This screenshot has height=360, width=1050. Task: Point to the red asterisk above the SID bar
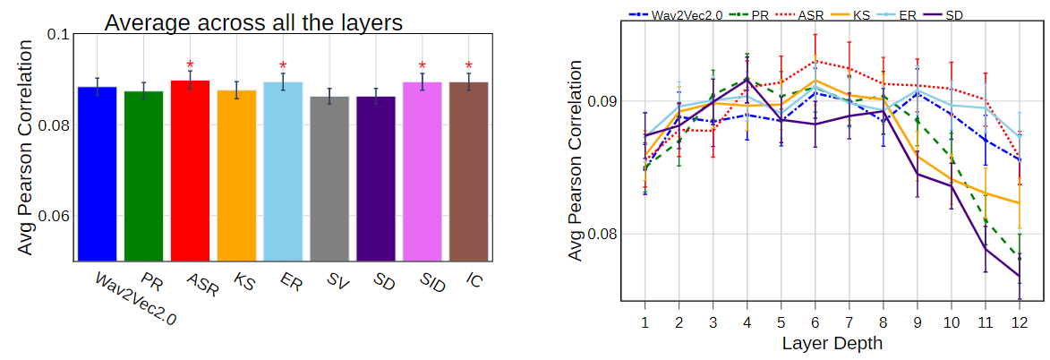coord(423,65)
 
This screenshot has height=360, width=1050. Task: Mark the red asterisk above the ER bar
coord(283,65)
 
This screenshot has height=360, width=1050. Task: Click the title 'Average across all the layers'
coord(252,22)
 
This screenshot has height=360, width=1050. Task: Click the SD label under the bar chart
coord(382,282)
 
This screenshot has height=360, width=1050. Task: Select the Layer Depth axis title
coord(832,343)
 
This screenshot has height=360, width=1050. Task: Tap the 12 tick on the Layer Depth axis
coord(1019,321)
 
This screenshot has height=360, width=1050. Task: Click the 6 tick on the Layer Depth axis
coord(815,321)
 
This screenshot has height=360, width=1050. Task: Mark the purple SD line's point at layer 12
coord(1019,276)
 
